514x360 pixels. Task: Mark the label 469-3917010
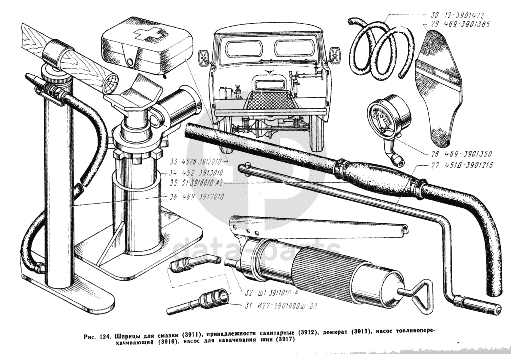(x=196, y=197)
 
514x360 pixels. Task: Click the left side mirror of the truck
(x=204, y=58)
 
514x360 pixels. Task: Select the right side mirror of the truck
(x=334, y=54)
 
